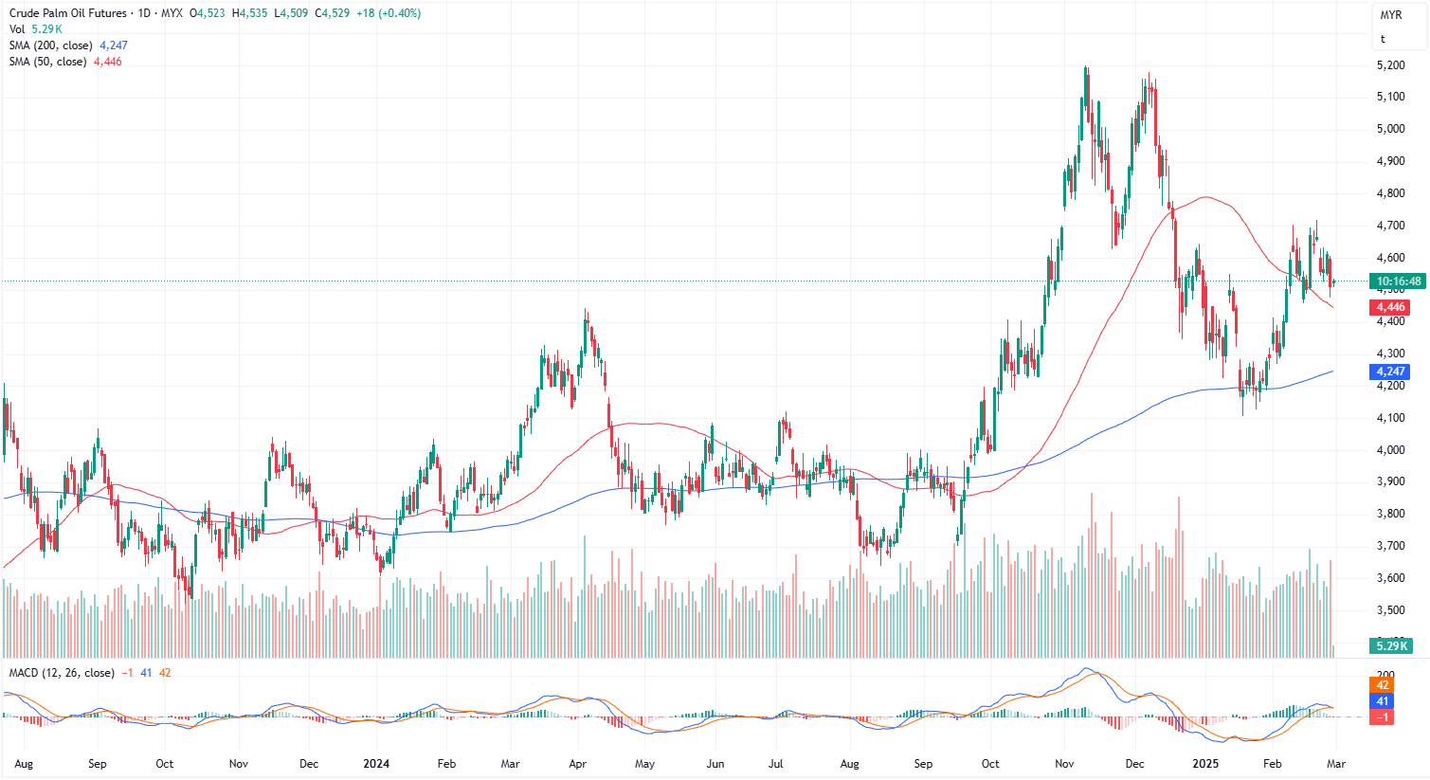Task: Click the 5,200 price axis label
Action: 1390,65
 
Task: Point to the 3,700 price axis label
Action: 1390,546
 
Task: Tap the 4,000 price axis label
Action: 1390,450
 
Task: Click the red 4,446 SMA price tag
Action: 1390,307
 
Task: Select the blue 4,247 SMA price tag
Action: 1390,372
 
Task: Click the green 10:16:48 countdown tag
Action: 1398,281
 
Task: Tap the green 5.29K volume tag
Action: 1392,645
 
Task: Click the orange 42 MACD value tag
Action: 1383,685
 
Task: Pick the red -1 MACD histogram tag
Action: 1383,717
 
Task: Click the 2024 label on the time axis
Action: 376,763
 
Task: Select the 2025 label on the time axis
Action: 1204,763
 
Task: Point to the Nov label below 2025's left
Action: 1064,763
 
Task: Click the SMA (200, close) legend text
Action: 51,45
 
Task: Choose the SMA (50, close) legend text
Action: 48,62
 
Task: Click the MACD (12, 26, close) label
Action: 62,673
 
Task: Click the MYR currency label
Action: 1390,15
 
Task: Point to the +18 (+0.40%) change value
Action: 389,13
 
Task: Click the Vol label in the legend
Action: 17,29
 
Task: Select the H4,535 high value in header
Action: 251,13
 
